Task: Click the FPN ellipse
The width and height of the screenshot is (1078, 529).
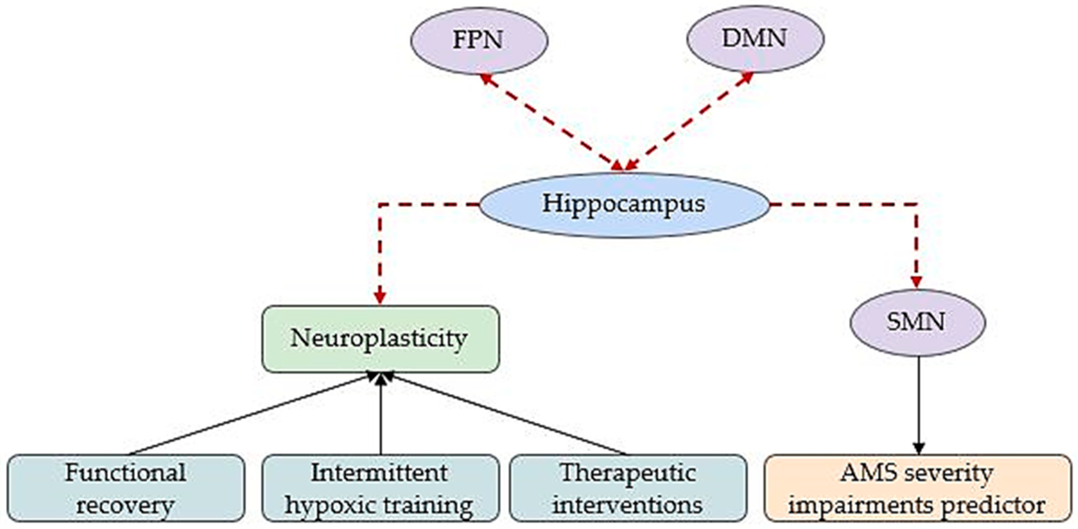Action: coord(479,40)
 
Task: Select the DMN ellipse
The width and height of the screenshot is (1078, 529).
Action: coord(755,39)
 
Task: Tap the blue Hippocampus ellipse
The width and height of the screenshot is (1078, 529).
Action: coord(624,205)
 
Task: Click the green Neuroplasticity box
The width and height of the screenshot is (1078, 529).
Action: coord(380,339)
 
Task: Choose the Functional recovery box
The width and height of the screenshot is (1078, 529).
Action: coord(125,488)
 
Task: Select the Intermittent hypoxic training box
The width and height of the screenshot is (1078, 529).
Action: coord(380,488)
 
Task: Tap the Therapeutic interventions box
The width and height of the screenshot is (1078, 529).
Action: coord(627,488)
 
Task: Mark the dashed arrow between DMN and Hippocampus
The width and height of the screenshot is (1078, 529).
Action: coord(688,122)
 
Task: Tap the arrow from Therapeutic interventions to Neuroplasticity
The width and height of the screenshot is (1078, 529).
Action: coord(506,415)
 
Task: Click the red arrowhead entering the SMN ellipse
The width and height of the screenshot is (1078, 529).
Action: coord(917,282)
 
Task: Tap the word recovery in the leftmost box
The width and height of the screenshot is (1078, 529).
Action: coord(125,506)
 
